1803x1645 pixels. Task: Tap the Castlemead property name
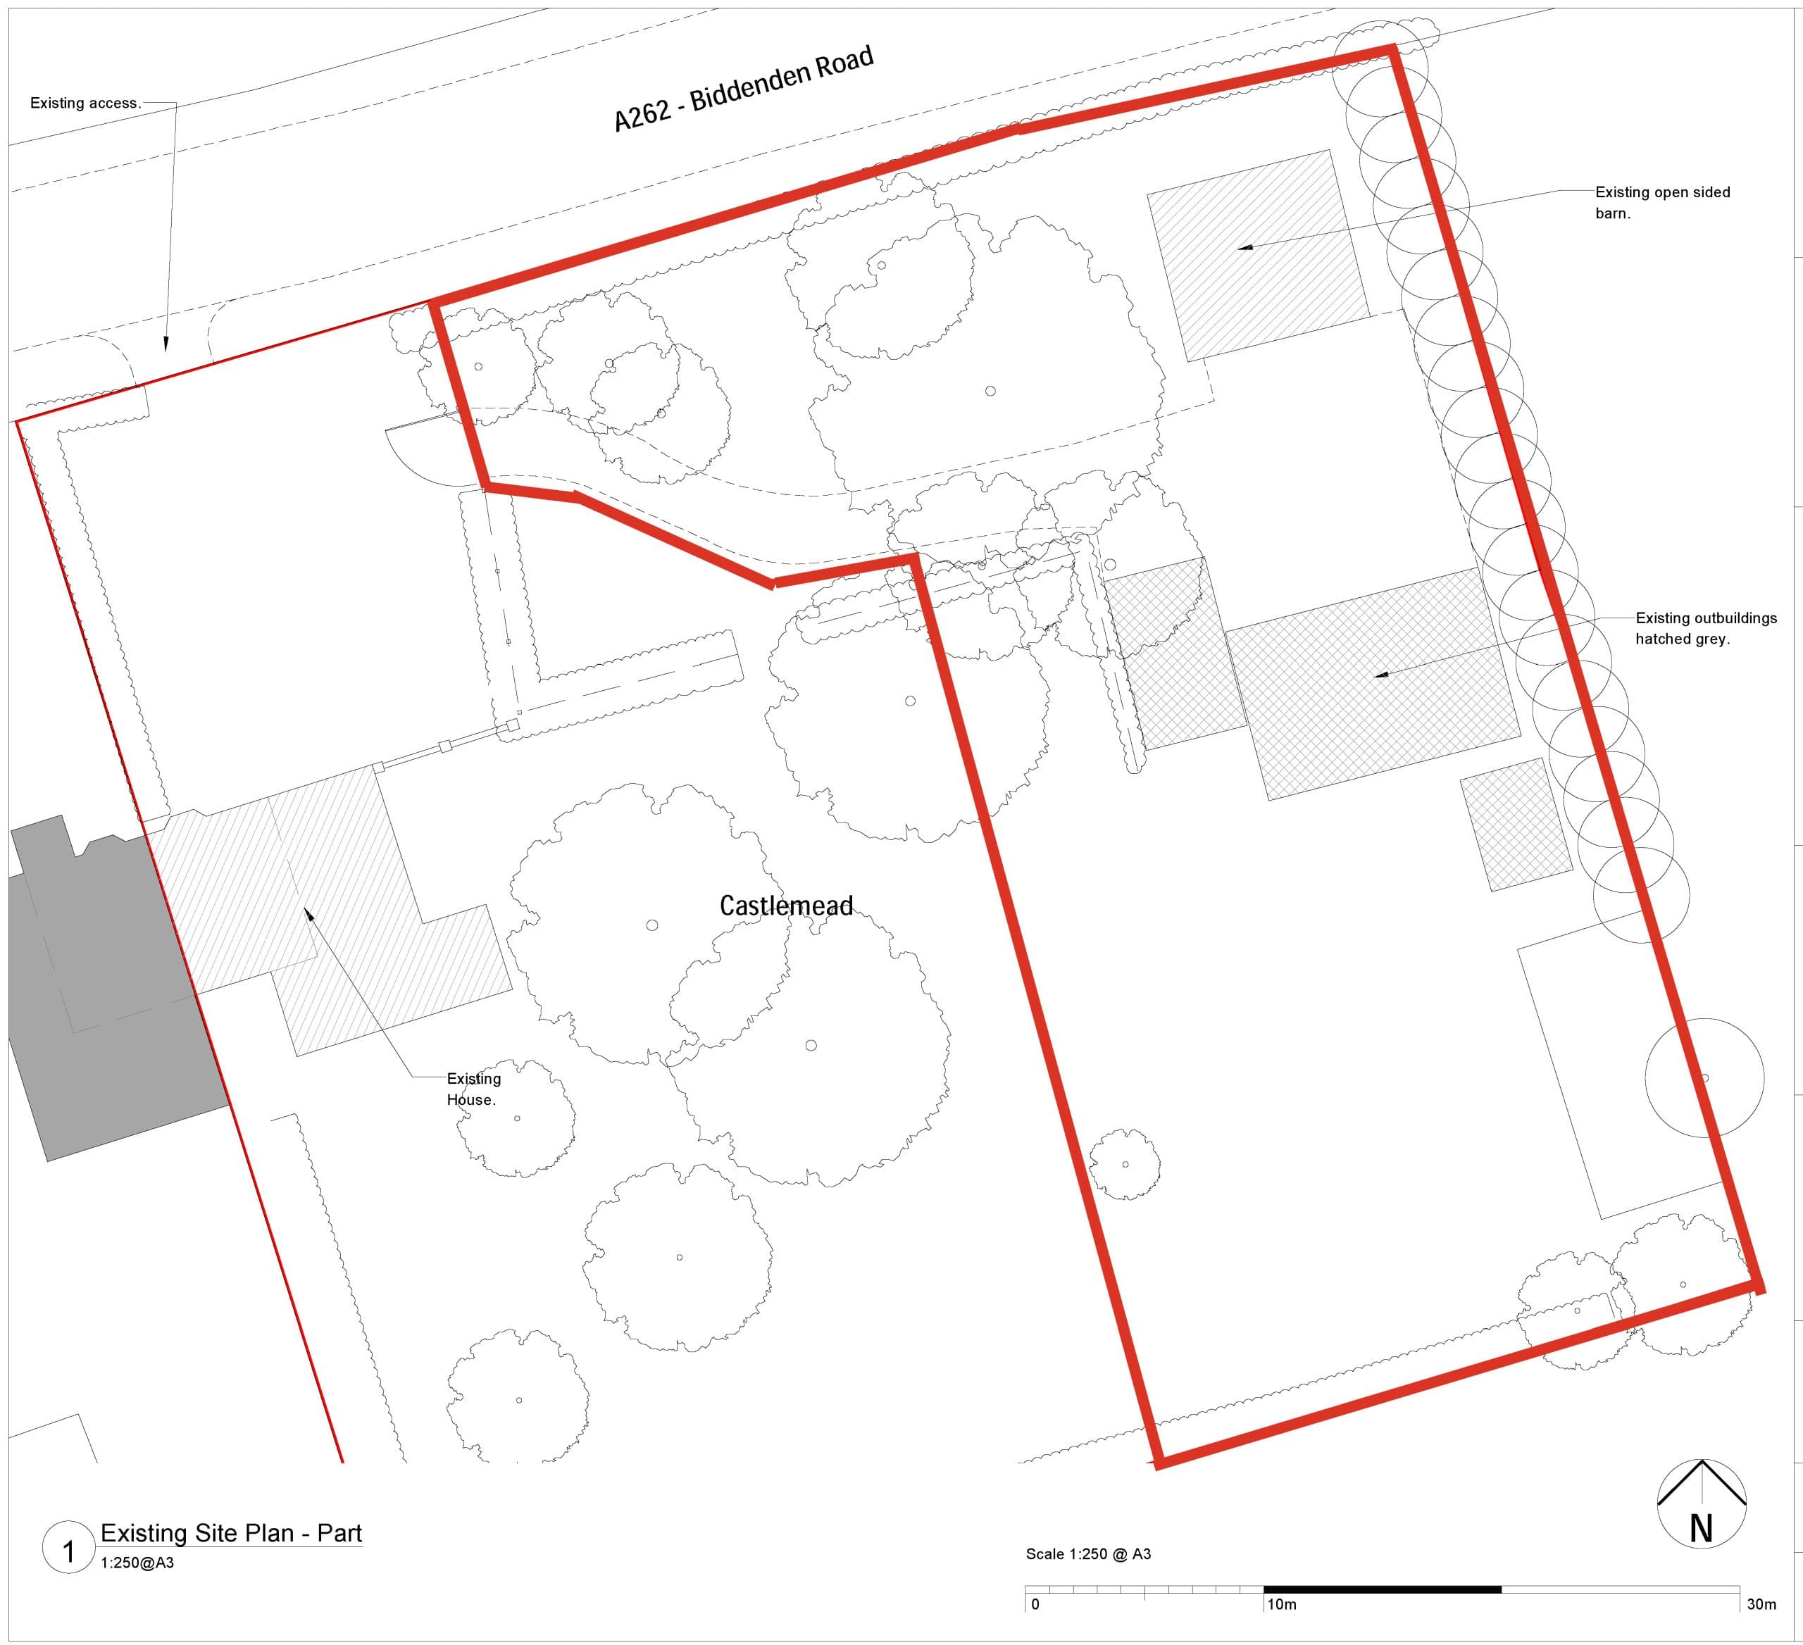786,906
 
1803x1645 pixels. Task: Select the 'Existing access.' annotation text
85,103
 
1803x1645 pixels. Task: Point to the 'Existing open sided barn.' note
1661,202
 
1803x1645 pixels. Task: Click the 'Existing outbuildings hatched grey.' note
1706,627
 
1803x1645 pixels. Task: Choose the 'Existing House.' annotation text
473,1089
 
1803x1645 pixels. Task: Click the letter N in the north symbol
1701,1530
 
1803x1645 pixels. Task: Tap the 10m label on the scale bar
1282,1605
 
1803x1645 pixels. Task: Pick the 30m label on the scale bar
1761,1605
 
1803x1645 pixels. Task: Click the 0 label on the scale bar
1035,1605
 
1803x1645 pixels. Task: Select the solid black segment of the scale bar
1382,1589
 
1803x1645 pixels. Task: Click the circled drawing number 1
68,1552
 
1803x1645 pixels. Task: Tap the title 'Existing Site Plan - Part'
231,1533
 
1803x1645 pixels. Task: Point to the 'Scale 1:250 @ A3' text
1087,1555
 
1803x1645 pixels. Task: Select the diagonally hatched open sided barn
1256,255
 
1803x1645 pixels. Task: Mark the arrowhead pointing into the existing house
308,913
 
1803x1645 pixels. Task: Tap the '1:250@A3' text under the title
137,1563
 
